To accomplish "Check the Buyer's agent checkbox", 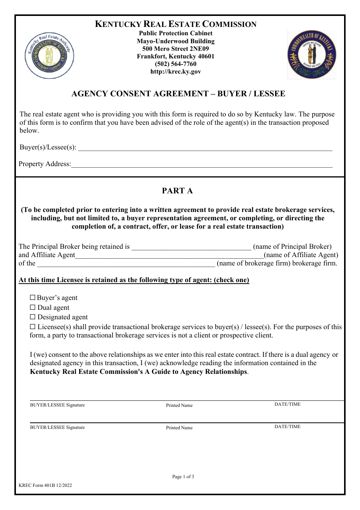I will [33, 298].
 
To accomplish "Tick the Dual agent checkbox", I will [33, 308].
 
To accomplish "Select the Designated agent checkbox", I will [33, 317].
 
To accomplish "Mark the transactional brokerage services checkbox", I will [33, 327].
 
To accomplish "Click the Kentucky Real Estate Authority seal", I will [49, 56].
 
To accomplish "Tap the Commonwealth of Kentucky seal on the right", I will [312, 55].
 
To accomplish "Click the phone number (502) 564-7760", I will [175, 64].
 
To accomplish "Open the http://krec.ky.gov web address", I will [175, 71].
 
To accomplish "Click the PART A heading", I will [177, 191].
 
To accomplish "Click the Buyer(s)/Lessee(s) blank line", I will [205, 148].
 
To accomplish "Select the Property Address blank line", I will [202, 165].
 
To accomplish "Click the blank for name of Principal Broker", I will [191, 247].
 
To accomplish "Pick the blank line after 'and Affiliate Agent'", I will [169, 256].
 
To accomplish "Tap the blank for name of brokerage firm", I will [126, 264].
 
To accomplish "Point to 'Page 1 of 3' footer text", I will [183, 477].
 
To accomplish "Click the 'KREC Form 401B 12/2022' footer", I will [45, 485].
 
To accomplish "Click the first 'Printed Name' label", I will [179, 405].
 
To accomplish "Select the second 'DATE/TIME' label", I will [287, 427].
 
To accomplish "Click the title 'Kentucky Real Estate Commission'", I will [175, 24].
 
